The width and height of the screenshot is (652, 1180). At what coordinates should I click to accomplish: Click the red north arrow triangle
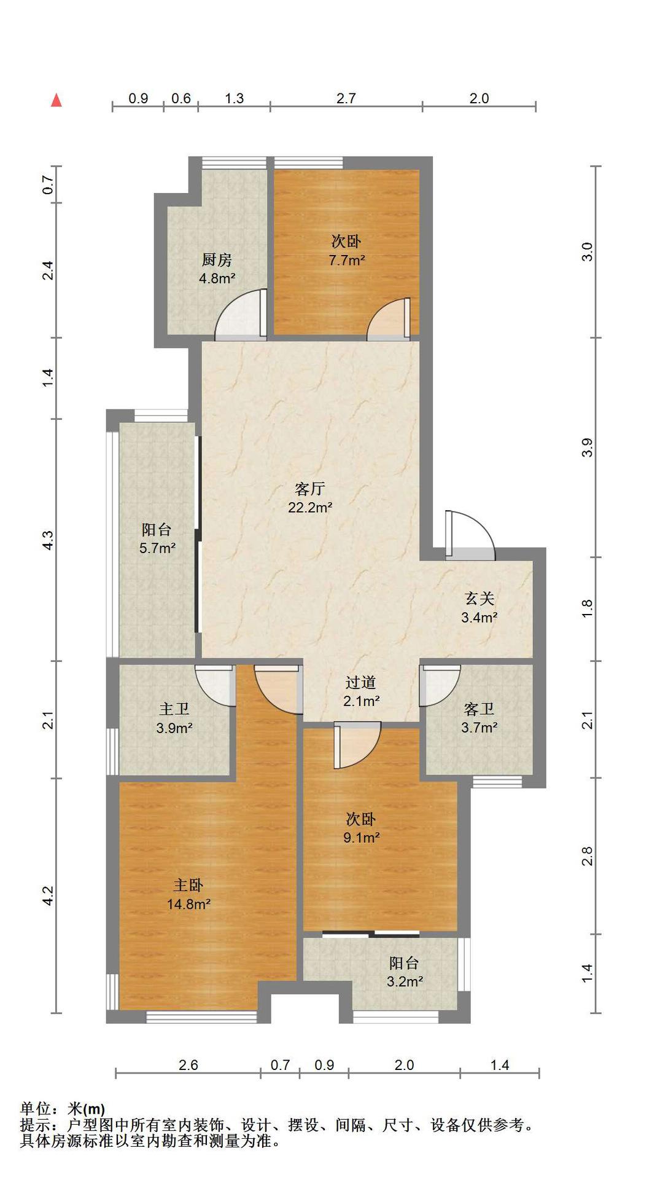(x=56, y=100)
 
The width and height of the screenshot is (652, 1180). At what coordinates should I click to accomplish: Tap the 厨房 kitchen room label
(x=217, y=260)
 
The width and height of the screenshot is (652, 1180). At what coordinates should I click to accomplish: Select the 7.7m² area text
(x=347, y=260)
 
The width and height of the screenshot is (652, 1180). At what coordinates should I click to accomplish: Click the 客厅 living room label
(x=310, y=489)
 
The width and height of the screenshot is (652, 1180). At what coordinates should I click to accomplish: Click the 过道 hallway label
(x=360, y=682)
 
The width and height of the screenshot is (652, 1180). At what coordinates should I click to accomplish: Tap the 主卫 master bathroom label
(x=174, y=709)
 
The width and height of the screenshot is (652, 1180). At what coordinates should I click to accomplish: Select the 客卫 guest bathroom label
(x=479, y=709)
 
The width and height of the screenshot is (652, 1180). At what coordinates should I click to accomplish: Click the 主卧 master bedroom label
(x=188, y=885)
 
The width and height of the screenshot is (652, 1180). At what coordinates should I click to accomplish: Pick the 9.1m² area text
(x=361, y=837)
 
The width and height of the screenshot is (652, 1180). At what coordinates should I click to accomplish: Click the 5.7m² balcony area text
(x=158, y=548)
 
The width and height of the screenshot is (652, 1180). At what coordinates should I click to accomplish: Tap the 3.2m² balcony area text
(x=405, y=981)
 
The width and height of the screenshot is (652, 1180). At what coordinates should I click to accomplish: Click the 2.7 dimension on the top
(x=346, y=98)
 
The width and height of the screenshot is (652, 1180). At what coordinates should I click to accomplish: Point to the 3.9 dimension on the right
(x=588, y=447)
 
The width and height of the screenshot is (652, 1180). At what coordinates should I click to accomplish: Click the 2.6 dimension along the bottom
(x=188, y=1065)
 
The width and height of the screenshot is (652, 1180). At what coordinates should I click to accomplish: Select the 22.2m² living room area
(x=310, y=508)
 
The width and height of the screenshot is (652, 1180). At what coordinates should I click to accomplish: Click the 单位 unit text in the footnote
(x=34, y=1109)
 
